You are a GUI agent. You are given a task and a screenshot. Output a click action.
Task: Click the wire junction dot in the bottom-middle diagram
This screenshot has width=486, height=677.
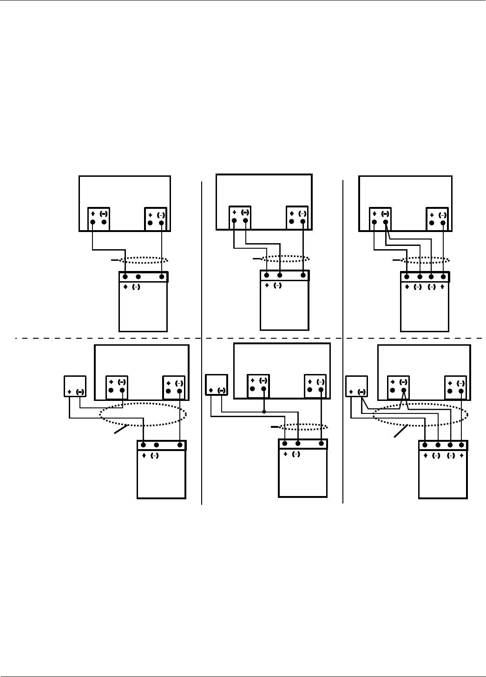coord(264,411)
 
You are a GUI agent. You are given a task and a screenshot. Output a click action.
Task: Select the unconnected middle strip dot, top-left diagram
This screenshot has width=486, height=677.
coord(138,277)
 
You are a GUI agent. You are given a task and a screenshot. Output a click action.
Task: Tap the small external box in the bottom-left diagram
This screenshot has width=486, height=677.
coord(75,386)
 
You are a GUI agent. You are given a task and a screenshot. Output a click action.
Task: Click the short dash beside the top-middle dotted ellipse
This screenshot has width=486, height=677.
coord(256,258)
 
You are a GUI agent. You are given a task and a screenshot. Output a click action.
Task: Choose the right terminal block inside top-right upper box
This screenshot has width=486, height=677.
coord(437,219)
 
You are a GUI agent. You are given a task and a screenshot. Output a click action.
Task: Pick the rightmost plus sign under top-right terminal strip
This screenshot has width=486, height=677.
coord(442,287)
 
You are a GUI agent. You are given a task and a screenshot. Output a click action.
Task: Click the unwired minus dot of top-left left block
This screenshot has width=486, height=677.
coord(104,222)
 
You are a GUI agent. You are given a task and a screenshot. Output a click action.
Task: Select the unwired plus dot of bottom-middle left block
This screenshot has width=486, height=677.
coord(252,389)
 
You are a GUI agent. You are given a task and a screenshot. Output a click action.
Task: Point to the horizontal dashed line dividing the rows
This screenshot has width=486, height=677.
coord(251,338)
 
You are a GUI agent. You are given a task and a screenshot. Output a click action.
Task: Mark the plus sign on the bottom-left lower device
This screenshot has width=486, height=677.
coord(144,456)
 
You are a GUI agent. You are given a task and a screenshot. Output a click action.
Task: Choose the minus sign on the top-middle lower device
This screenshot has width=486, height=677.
coord(277,286)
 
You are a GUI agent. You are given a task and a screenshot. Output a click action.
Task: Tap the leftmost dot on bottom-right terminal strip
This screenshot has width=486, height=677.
coord(425,445)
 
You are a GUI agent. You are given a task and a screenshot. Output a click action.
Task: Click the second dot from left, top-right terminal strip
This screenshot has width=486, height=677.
coord(420,277)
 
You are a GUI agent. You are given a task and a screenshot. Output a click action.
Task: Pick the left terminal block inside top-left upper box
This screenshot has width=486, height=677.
coord(99,219)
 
